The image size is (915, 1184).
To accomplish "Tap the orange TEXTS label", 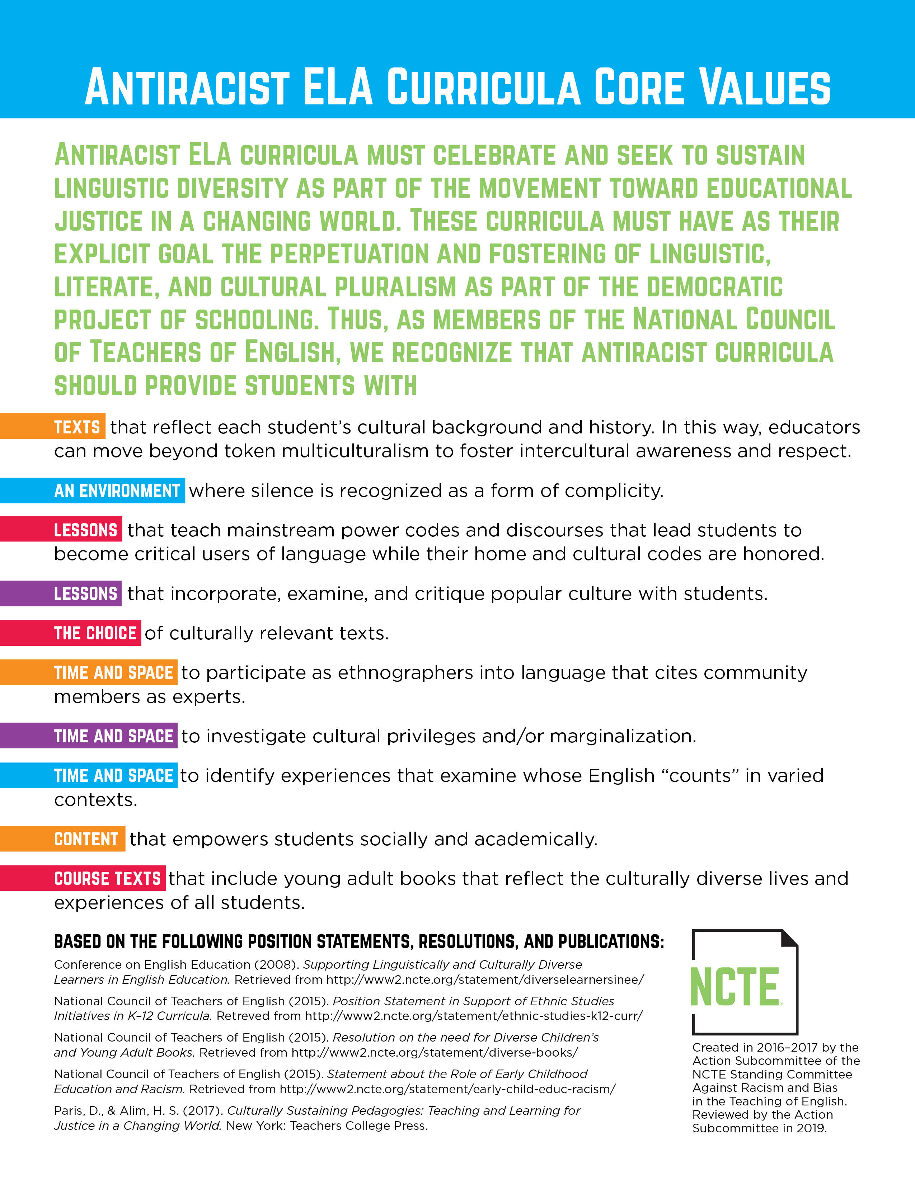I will [77, 427].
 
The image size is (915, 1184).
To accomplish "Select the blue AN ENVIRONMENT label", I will [117, 490].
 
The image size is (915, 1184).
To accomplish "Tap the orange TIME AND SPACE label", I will [113, 673].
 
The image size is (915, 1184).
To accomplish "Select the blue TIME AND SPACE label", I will [113, 776].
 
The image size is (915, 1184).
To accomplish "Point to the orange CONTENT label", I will [86, 839].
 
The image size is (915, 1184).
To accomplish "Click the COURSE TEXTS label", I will [107, 879].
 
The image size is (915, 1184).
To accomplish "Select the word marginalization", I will [623, 736].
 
